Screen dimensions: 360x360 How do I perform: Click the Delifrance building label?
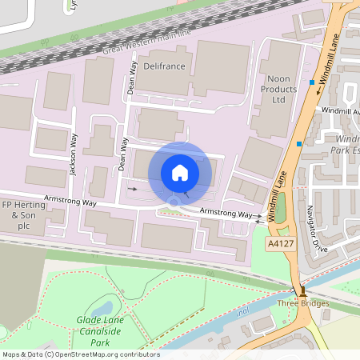tap(166, 66)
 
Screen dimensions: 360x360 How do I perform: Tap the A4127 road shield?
tap(281, 243)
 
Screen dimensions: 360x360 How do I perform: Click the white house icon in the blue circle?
tap(180, 172)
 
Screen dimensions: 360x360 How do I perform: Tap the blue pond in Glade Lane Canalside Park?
tap(102, 306)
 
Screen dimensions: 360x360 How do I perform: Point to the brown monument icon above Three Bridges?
tap(302, 292)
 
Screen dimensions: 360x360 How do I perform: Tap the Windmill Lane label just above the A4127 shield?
tap(281, 191)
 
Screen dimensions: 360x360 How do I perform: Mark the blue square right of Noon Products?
tap(311, 82)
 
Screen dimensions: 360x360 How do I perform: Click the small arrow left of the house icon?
tap(133, 189)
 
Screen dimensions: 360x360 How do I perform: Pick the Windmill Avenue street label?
tap(339, 111)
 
